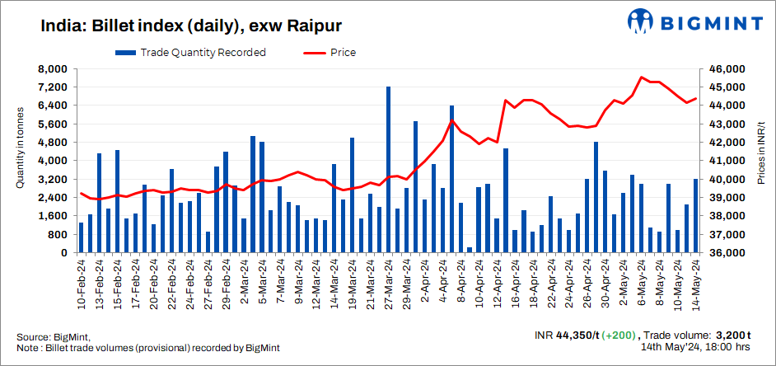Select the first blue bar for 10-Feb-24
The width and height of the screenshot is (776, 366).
[x=81, y=237]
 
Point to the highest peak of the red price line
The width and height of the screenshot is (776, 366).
[x=642, y=77]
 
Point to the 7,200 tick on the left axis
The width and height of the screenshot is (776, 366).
[x=55, y=87]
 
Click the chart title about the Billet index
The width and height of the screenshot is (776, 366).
[x=191, y=25]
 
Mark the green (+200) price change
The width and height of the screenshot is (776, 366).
[x=619, y=335]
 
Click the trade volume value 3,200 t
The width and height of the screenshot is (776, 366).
[x=732, y=335]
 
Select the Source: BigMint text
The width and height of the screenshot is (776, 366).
[x=54, y=337]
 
